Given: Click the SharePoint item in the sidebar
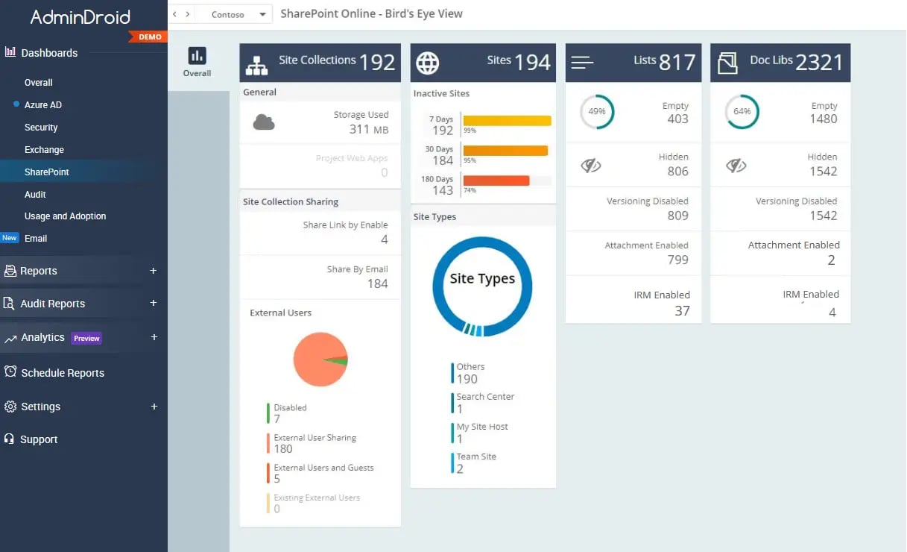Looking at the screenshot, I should [46, 172].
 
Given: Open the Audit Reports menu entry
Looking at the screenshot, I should [52, 304].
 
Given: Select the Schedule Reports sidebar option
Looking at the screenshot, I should [63, 373].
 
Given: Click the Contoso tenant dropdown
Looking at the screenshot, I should [239, 15].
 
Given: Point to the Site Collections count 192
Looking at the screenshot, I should [377, 63].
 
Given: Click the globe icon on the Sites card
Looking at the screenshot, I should [427, 63].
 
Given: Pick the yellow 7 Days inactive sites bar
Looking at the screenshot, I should [507, 120].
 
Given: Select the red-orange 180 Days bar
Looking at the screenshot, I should [496, 181].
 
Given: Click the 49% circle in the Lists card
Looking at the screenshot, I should [596, 112].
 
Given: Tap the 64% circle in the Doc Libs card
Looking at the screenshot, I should [742, 112].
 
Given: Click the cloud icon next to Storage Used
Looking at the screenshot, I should [264, 122].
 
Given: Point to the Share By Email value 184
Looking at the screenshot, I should [377, 283].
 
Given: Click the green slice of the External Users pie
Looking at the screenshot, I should [339, 360].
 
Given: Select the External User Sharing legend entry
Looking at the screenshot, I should [315, 443].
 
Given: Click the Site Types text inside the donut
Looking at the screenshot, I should [482, 279].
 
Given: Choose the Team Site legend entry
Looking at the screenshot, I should [476, 462].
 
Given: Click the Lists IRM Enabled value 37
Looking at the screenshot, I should [682, 311].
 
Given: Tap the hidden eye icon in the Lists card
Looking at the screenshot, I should [591, 166].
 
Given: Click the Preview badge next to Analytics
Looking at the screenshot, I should [86, 339].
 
